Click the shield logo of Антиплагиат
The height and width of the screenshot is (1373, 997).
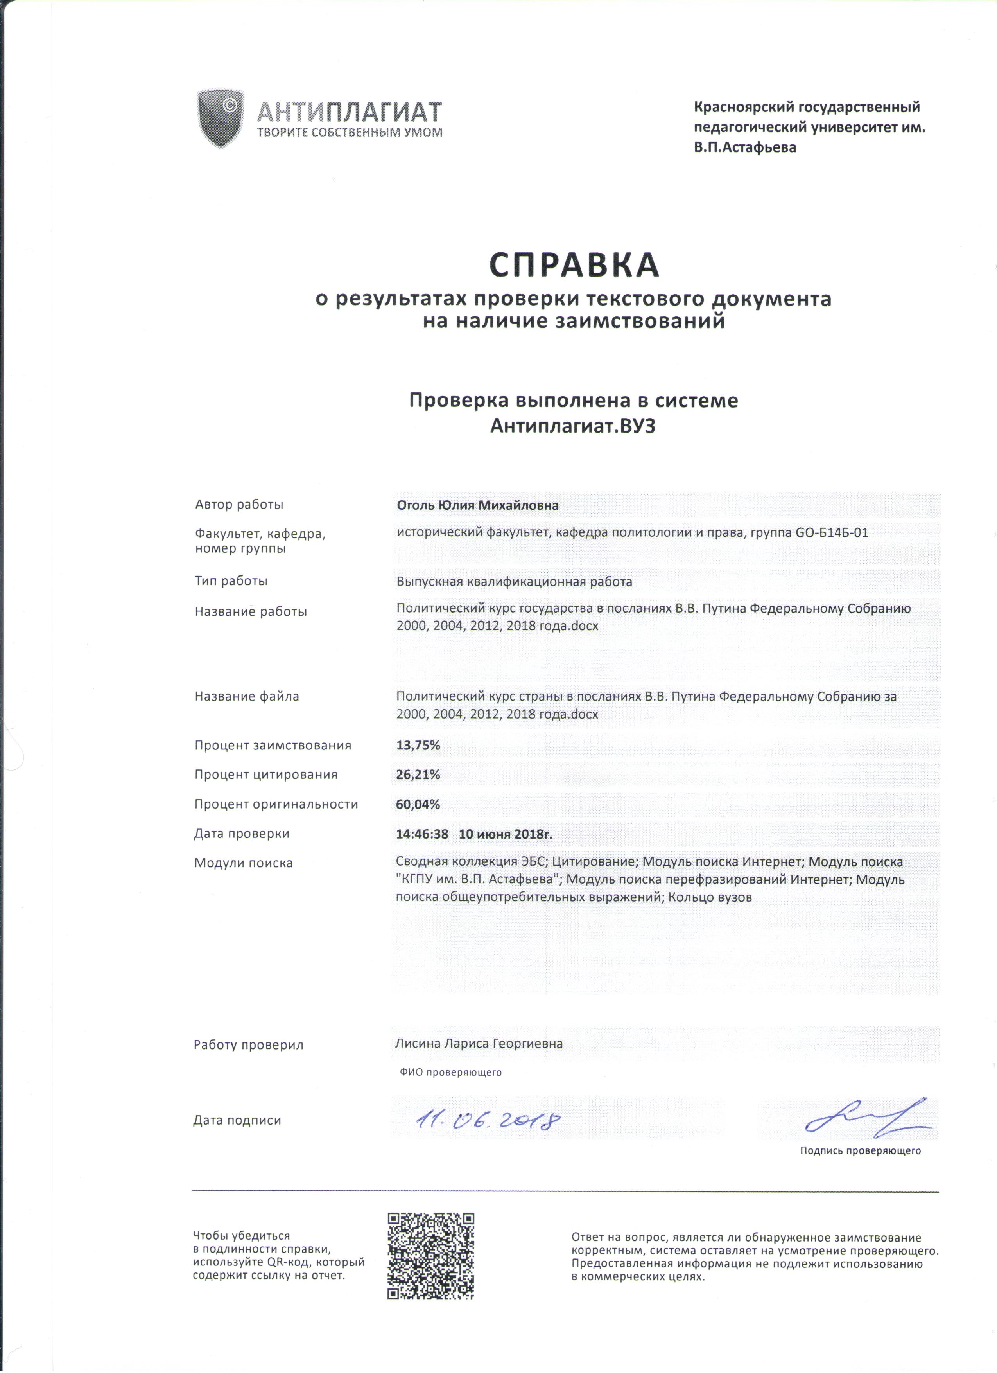[220, 118]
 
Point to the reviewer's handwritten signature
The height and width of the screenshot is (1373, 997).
[868, 1117]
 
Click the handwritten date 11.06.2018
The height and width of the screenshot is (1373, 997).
[487, 1121]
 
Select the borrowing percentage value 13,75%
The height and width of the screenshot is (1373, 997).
[418, 745]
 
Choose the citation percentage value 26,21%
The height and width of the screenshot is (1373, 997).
[418, 774]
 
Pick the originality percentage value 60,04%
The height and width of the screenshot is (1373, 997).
[418, 804]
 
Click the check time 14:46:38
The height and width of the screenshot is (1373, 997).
[422, 834]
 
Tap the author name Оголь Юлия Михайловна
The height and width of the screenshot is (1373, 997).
[477, 505]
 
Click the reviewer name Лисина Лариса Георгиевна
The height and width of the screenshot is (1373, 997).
[479, 1044]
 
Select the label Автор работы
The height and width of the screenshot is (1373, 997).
[239, 504]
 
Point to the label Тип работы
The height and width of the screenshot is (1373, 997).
[231, 580]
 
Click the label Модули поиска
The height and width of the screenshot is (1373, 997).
[243, 863]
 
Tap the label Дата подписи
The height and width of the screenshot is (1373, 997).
[237, 1120]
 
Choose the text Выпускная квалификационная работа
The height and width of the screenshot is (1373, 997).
[514, 582]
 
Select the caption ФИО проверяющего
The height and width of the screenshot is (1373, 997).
[451, 1072]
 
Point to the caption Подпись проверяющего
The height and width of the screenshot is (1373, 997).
[860, 1150]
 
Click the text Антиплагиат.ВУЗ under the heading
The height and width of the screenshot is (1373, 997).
[573, 426]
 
